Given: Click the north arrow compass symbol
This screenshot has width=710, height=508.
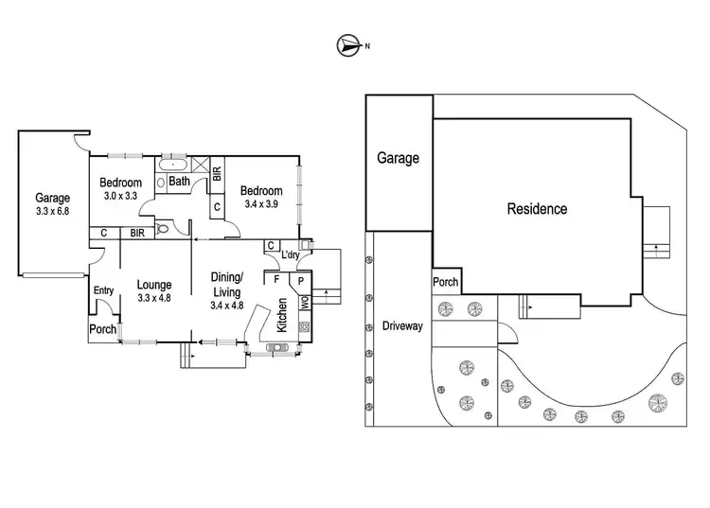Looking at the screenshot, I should coord(348,44).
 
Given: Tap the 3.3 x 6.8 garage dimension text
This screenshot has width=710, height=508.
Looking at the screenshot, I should coord(52,211).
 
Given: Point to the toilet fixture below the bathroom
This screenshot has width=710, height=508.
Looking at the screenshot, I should coord(163,228).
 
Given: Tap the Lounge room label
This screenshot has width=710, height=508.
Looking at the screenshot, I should coord(152,284).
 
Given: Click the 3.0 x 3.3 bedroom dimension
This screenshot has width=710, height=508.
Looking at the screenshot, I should coord(121,196).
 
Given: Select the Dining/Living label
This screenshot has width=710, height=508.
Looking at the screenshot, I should coord(227,284).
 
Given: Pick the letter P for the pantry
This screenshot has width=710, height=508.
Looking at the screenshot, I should coord(300,281).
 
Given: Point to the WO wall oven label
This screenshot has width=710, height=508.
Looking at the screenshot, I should coord(304,304).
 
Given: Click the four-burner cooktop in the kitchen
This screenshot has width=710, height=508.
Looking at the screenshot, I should coord(304,326).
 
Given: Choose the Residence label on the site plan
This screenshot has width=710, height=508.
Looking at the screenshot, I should coord(537,209).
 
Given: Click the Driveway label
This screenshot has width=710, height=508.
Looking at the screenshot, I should coord(402,326).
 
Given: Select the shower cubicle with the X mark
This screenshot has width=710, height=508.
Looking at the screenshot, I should coord(201,164).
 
